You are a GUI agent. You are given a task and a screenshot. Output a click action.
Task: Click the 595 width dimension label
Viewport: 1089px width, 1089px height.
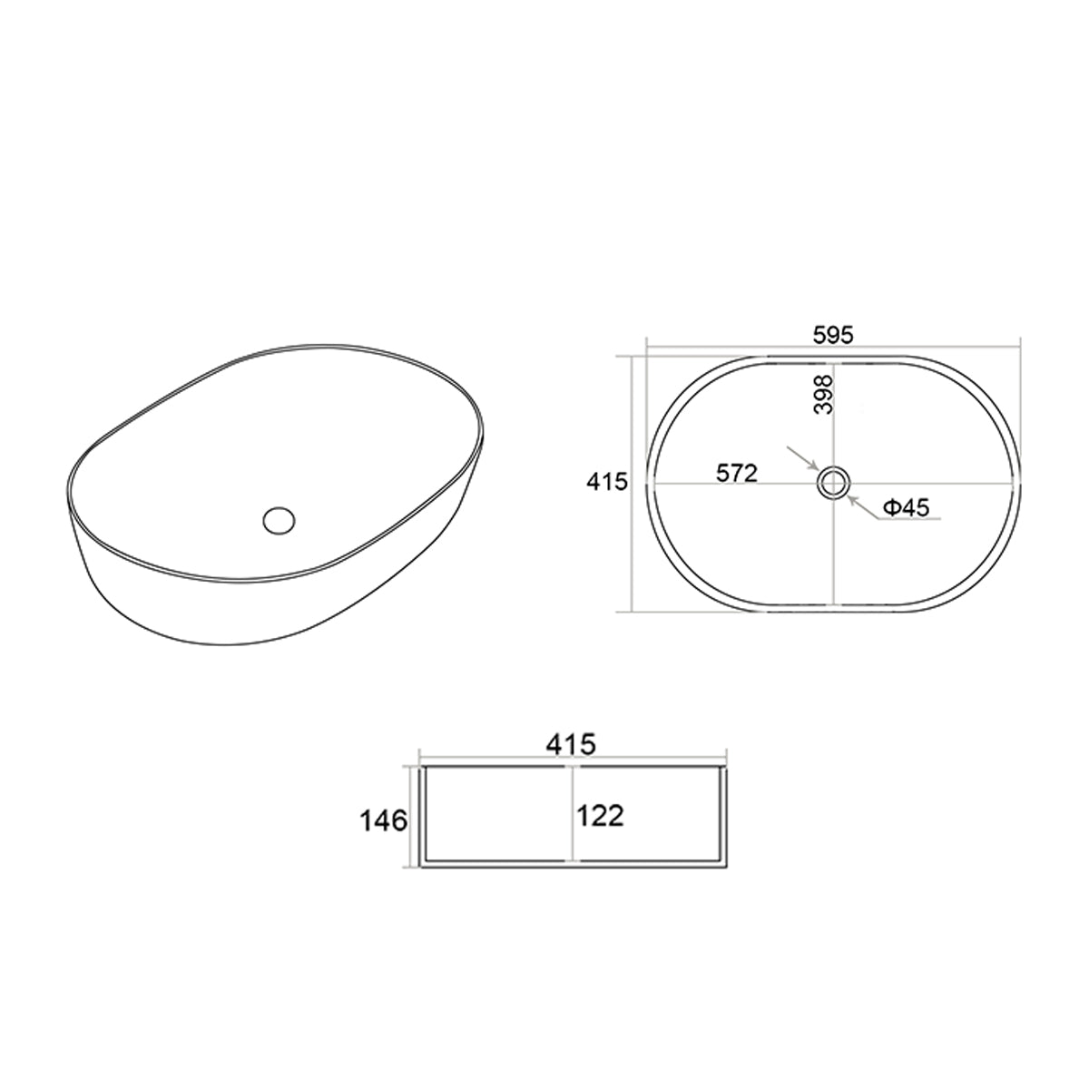(x=832, y=335)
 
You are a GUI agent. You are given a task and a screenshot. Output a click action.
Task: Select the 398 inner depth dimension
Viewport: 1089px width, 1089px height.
(x=825, y=395)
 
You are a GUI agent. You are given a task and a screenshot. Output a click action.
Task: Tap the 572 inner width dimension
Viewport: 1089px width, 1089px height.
(x=736, y=473)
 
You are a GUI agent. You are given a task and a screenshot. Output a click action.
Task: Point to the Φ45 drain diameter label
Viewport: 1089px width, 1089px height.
(x=907, y=508)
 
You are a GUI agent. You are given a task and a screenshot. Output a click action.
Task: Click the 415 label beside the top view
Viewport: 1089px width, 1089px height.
(x=607, y=482)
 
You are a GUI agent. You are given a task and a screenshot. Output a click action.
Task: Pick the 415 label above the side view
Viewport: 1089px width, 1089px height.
(x=571, y=744)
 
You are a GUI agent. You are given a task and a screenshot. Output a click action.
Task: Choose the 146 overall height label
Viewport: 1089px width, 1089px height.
(x=384, y=821)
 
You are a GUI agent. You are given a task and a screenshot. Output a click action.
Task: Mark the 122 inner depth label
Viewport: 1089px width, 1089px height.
(x=600, y=816)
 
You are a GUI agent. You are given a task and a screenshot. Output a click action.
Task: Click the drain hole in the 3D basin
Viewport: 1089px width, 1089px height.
(x=280, y=519)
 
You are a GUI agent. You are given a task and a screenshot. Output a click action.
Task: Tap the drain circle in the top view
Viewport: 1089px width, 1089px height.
(x=833, y=483)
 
